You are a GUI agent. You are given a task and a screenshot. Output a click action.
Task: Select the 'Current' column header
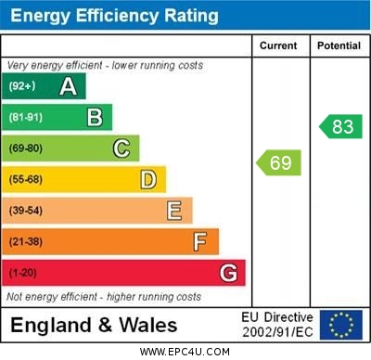point(278,45)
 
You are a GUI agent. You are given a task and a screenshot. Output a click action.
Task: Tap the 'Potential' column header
point(339,45)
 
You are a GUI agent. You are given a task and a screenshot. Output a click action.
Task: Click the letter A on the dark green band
point(68,86)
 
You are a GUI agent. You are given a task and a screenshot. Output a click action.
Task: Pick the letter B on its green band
point(95,117)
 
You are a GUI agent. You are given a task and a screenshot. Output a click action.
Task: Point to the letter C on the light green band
point(122,148)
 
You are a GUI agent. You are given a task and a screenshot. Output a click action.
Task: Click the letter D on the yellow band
point(148,179)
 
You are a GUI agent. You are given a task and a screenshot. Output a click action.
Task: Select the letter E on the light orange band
point(174,211)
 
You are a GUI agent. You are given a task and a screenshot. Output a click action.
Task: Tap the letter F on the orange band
point(200,242)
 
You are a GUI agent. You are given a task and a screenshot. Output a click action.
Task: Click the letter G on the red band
point(228,274)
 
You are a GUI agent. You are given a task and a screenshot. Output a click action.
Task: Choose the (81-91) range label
point(25,118)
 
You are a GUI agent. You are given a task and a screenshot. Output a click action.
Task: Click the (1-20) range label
point(22,274)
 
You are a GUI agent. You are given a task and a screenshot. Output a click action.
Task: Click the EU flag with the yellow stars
point(341,325)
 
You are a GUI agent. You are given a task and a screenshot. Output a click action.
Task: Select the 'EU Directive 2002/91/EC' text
point(277,325)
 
